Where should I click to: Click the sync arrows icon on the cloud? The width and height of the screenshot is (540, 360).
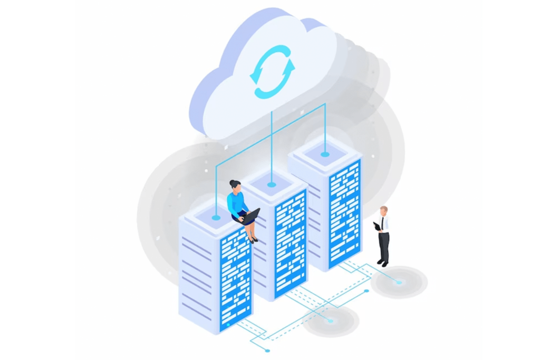[272, 72]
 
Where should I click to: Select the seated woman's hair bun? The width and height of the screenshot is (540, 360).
[232, 182]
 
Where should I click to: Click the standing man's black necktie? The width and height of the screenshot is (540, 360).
[382, 223]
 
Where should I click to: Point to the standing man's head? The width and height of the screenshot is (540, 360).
[383, 210]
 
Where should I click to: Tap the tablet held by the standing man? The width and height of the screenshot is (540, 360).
[377, 226]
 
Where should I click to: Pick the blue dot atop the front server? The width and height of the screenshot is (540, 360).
[216, 217]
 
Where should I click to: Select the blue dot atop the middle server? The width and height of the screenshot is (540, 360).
[271, 184]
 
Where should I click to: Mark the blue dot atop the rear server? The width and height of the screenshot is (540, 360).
[325, 154]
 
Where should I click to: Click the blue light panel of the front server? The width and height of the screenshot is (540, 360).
[236, 279]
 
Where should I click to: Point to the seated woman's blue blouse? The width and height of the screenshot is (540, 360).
[236, 203]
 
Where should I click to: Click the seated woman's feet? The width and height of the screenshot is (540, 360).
[254, 239]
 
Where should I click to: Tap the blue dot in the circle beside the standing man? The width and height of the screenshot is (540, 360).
[399, 283]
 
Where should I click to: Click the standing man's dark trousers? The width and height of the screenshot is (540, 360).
[384, 245]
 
